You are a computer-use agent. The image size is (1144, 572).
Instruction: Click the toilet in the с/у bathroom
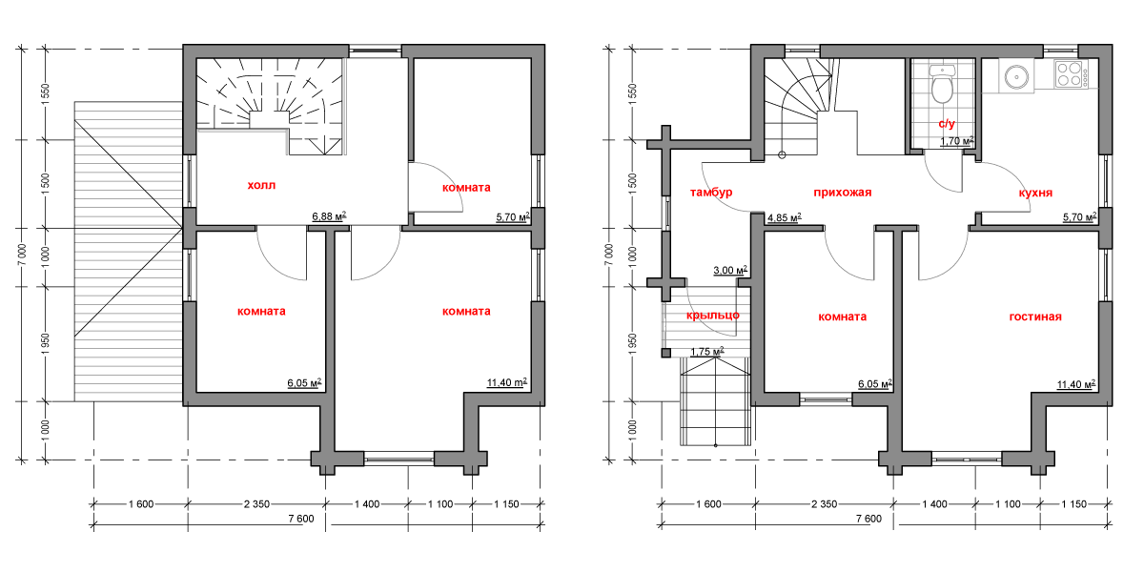(x=942, y=90)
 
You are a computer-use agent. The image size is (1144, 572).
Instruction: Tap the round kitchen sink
(x=1016, y=77)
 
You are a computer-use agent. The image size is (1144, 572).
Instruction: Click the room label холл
(x=261, y=185)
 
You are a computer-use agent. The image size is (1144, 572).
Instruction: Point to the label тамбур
(x=711, y=193)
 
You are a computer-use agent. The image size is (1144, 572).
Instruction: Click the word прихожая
(x=842, y=193)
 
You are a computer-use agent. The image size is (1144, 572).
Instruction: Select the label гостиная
(x=1035, y=317)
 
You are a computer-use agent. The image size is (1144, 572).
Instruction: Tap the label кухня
(x=1035, y=193)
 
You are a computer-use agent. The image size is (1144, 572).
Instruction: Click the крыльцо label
(x=712, y=316)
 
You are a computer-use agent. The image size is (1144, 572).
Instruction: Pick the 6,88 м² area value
(x=330, y=216)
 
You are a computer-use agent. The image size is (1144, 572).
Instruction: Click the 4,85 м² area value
(x=785, y=218)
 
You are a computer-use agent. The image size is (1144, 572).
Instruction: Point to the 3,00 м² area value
(x=730, y=270)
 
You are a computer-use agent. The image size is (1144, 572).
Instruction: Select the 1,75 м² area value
(x=707, y=352)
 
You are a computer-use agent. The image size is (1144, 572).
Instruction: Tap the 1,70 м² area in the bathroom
(x=957, y=141)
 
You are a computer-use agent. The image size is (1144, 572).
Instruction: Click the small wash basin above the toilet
(x=942, y=70)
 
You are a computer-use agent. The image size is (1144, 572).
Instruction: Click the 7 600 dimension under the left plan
(x=301, y=519)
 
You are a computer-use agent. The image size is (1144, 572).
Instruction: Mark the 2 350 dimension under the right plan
(x=825, y=504)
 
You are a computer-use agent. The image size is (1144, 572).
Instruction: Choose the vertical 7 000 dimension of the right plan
(x=608, y=255)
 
